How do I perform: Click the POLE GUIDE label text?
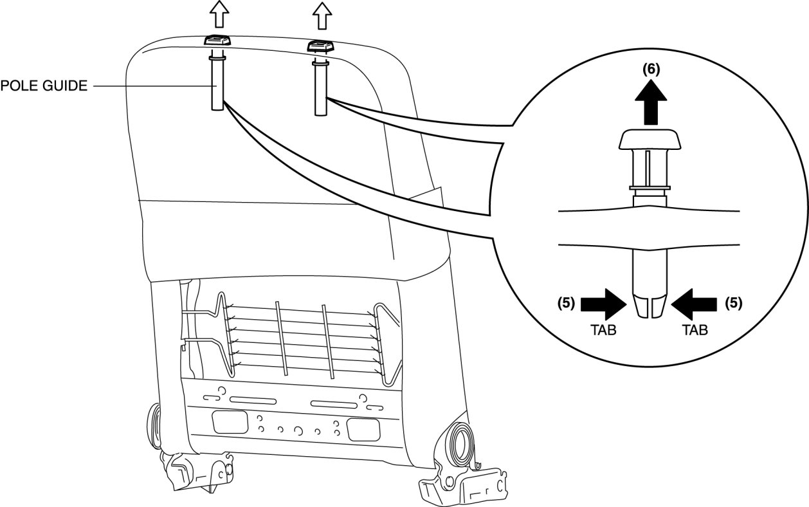click(x=43, y=86)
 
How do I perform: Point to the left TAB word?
click(x=604, y=330)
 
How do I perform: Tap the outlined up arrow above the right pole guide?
click(x=319, y=15)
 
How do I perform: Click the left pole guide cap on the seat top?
click(x=215, y=41)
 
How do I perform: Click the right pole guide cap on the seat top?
click(x=319, y=46)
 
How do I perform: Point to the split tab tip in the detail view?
click(x=650, y=306)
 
